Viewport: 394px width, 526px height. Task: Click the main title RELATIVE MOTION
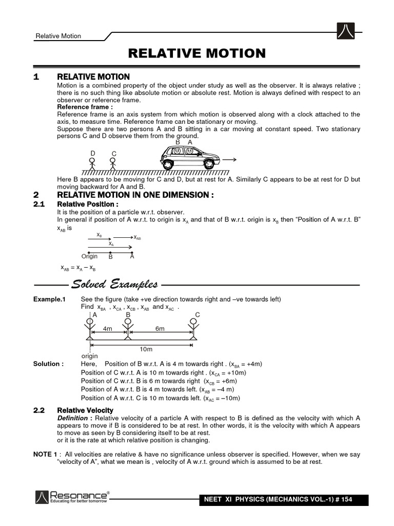[197, 53]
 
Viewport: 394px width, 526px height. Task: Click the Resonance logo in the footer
[72, 497]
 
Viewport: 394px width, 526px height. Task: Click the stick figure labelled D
[93, 163]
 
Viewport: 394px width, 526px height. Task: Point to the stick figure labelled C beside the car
[114, 164]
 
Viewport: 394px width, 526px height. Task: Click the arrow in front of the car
[228, 159]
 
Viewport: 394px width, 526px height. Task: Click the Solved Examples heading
[114, 284]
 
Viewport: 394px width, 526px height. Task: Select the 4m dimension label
[108, 328]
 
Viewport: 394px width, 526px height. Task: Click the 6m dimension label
[160, 328]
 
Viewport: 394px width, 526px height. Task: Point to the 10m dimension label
[146, 349]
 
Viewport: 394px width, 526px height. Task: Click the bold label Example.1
[50, 299]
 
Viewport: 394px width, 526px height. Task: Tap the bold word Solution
[48, 364]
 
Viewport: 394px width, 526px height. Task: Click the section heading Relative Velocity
[85, 410]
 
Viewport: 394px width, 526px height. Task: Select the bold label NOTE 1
[45, 455]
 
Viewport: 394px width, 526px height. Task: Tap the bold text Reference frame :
[85, 107]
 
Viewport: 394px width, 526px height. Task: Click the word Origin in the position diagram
[89, 256]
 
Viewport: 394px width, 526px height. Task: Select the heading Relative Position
[88, 204]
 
